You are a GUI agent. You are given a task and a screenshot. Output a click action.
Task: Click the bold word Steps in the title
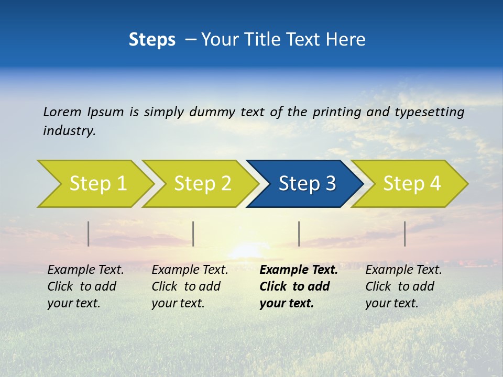point(152,40)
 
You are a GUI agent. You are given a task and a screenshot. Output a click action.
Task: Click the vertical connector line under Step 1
point(89,234)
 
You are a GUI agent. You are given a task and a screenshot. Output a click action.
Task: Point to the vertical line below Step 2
point(193,234)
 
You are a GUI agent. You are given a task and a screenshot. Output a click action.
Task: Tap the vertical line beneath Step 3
point(299,234)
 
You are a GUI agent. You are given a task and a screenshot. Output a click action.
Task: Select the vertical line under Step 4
point(405,234)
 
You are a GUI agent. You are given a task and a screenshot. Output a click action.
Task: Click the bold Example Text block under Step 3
point(299,286)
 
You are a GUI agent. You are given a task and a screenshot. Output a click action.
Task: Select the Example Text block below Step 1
point(85,286)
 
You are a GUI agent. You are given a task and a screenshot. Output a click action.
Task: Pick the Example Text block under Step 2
point(190,286)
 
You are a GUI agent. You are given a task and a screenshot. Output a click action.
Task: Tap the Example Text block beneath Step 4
point(403,286)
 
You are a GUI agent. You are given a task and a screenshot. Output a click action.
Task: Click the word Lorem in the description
point(62,112)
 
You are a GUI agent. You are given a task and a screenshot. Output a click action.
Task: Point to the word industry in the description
point(69,131)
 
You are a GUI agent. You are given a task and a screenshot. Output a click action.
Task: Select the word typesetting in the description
point(429,112)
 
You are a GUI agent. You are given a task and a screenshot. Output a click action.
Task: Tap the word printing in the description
point(335,112)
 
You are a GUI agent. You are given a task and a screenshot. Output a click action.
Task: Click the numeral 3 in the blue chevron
point(330,184)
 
